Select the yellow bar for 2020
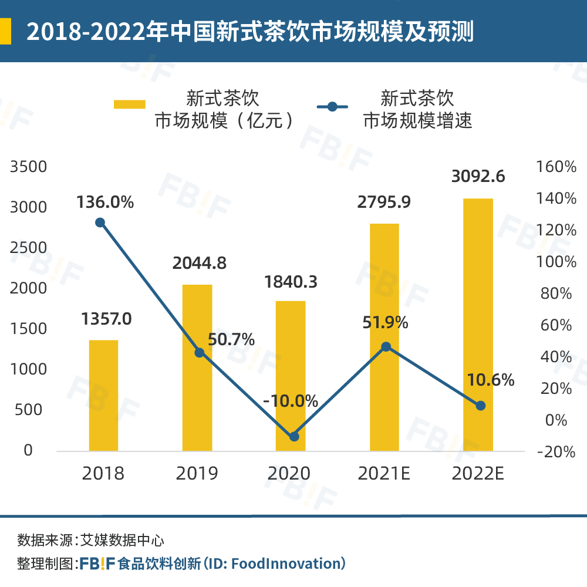point(291,376)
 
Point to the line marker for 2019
point(200,352)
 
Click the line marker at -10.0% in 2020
point(294,436)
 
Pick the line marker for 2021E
point(386,347)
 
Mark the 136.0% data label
point(105,203)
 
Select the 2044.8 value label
point(199,263)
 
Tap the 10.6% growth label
point(491,380)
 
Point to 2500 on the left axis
point(28,248)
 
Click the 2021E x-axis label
point(385,474)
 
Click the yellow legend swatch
point(129,104)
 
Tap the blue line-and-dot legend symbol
point(332,107)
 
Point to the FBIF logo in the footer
point(97,564)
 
